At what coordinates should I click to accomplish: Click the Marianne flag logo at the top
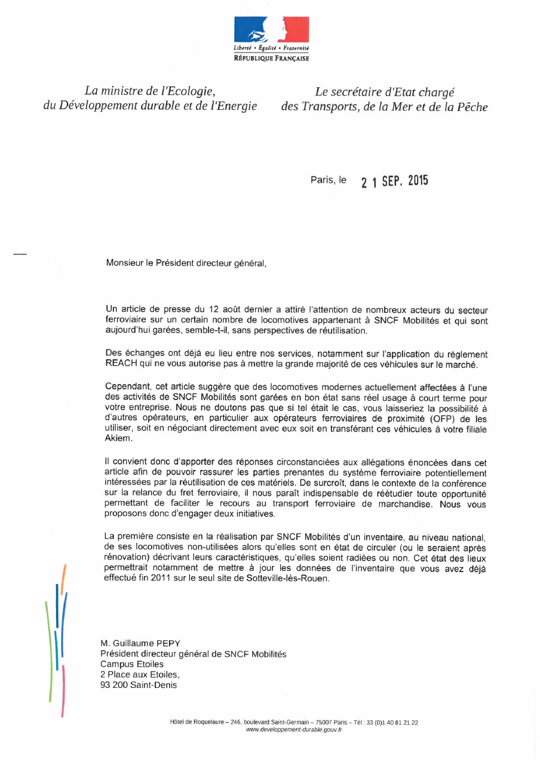[x=271, y=29]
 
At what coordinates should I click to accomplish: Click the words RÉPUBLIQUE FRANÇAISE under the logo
[x=271, y=59]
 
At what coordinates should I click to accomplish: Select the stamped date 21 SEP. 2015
[x=394, y=181]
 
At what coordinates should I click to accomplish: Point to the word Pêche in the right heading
[x=472, y=107]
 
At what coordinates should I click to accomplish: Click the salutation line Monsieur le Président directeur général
[x=186, y=263]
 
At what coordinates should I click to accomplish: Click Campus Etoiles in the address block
[x=131, y=664]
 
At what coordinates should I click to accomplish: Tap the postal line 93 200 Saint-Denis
[x=138, y=685]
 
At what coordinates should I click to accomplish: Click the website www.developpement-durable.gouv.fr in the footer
[x=294, y=730]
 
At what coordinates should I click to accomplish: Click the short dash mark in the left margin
[x=20, y=255]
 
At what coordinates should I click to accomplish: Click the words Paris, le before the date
[x=328, y=180]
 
